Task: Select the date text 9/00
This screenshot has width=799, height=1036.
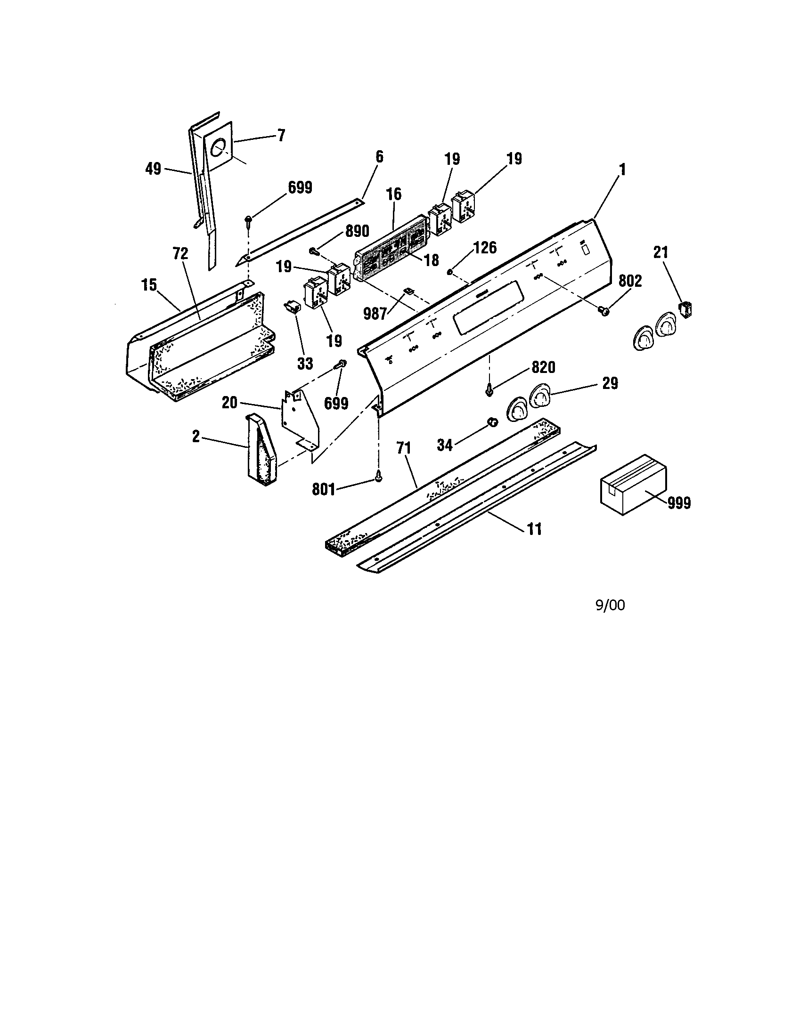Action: tap(610, 605)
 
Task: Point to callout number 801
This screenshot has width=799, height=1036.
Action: tap(324, 489)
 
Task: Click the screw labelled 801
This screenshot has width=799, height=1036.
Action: tap(378, 479)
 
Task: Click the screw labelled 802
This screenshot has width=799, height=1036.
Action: tap(604, 311)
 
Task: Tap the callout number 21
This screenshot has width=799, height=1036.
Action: tap(660, 252)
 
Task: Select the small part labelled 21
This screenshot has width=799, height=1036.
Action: tap(686, 309)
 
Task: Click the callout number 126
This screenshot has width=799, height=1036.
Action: tap(484, 247)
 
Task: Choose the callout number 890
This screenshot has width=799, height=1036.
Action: tap(356, 231)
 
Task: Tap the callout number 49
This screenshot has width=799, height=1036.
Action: tap(153, 169)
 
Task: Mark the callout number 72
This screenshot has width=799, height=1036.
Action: tap(181, 254)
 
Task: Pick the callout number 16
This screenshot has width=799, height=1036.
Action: tap(393, 194)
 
